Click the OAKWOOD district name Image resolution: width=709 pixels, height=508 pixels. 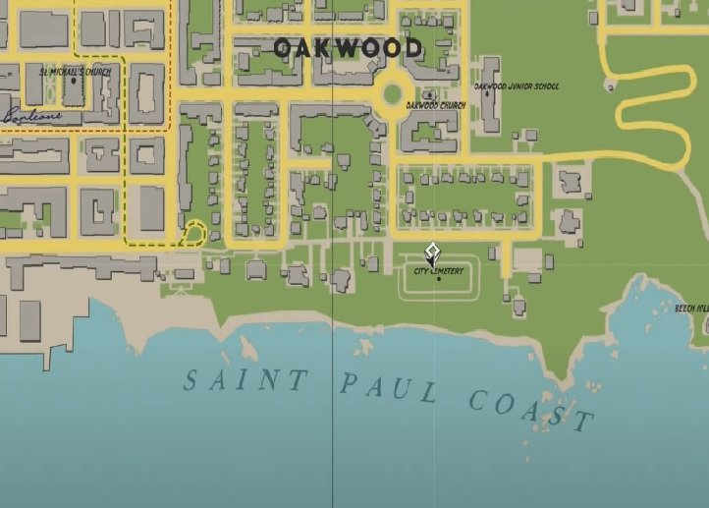[x=348, y=47]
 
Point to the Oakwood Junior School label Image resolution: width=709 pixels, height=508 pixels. [x=517, y=86]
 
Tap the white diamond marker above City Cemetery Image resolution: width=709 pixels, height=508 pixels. [x=431, y=252]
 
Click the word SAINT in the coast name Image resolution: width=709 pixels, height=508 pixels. [x=245, y=379]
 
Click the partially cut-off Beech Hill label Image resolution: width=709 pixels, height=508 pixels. [x=691, y=309]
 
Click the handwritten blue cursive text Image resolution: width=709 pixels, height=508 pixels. [x=29, y=115]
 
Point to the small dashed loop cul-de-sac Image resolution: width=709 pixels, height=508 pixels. [x=194, y=233]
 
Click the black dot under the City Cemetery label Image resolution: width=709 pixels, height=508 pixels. [x=438, y=279]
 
